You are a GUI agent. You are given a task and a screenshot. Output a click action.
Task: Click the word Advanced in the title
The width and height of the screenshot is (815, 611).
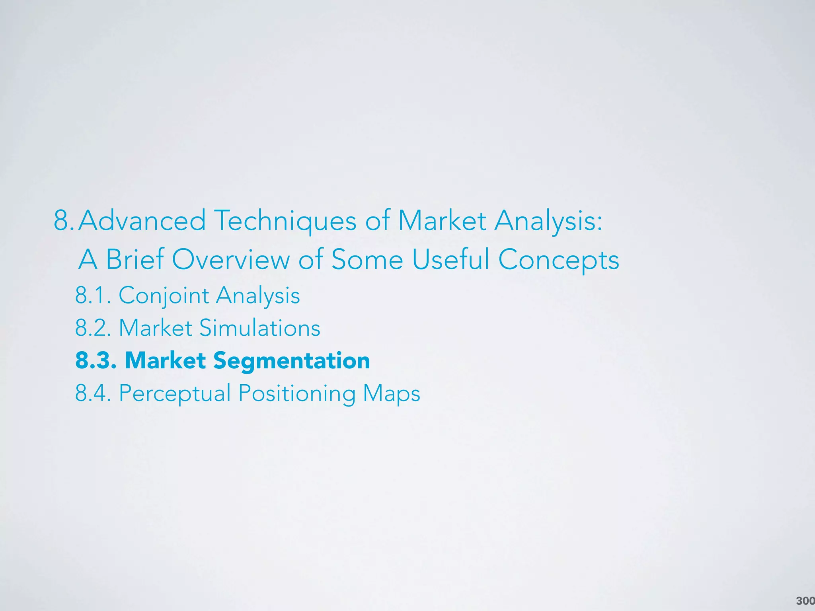click(142, 221)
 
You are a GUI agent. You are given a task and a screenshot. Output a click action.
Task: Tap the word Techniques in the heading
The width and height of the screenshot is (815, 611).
click(285, 222)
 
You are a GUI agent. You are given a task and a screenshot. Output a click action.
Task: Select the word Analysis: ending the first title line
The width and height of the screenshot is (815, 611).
click(548, 222)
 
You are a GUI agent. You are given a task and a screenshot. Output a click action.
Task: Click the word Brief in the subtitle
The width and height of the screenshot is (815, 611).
click(135, 259)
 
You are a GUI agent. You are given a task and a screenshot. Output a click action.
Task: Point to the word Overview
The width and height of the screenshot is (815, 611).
click(231, 259)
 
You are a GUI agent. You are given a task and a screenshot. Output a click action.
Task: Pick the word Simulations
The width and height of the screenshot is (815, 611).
click(259, 328)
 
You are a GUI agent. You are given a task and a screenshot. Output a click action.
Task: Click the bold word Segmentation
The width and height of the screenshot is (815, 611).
click(291, 361)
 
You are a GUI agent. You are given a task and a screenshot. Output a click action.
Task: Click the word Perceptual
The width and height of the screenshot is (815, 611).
click(175, 394)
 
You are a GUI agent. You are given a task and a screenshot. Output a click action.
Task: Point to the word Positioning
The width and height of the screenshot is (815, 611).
click(297, 394)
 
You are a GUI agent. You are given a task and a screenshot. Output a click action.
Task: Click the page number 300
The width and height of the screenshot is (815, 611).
click(805, 601)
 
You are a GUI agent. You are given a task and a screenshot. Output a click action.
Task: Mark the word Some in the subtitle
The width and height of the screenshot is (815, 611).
click(367, 259)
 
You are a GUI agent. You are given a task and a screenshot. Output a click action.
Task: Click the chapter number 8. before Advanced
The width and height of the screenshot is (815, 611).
click(64, 221)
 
